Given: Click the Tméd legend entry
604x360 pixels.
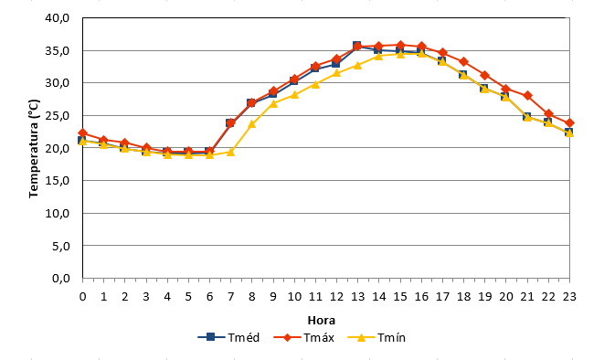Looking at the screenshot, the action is pyautogui.click(x=228, y=338).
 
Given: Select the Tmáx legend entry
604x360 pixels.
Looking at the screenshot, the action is pyautogui.click(x=304, y=338).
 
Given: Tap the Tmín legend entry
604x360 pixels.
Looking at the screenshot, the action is pyautogui.click(x=376, y=338).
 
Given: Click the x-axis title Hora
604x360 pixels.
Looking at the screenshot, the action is pyautogui.click(x=322, y=321).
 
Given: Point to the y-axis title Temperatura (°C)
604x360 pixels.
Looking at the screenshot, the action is pyautogui.click(x=34, y=149).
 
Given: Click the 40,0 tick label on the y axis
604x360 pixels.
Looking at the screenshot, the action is pyautogui.click(x=57, y=17).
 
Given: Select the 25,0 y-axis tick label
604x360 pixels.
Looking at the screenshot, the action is pyautogui.click(x=57, y=115).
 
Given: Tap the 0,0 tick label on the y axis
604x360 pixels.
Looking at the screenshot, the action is pyautogui.click(x=61, y=278).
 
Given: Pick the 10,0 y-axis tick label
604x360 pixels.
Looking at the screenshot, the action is pyautogui.click(x=57, y=213).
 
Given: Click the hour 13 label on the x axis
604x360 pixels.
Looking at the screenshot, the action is pyautogui.click(x=357, y=296).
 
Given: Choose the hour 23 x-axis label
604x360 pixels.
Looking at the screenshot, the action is pyautogui.click(x=569, y=296).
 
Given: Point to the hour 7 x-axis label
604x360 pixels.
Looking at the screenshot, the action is pyautogui.click(x=231, y=296).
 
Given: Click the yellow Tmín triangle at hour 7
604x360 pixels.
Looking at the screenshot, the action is pyautogui.click(x=231, y=152).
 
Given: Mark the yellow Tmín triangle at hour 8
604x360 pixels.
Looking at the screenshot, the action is pyautogui.click(x=252, y=124).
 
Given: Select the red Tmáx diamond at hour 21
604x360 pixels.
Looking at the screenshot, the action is pyautogui.click(x=528, y=96).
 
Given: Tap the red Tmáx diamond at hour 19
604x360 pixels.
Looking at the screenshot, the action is pyautogui.click(x=485, y=75).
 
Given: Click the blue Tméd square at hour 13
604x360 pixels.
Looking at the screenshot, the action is pyautogui.click(x=357, y=46).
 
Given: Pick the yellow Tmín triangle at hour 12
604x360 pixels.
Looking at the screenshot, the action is pyautogui.click(x=336, y=73).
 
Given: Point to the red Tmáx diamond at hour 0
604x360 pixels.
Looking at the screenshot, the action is pyautogui.click(x=82, y=133).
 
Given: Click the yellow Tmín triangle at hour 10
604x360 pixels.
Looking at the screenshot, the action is pyautogui.click(x=294, y=94).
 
